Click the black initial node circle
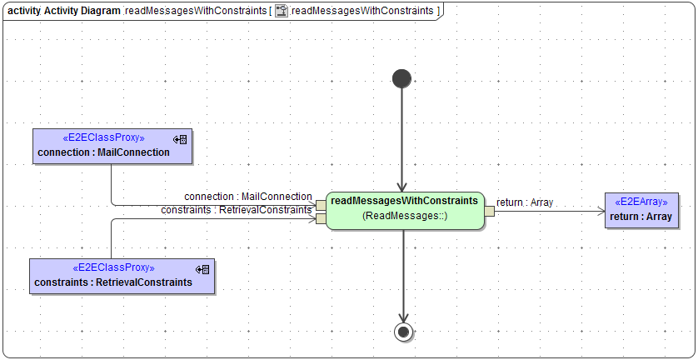(x=401, y=78)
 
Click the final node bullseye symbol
(x=403, y=332)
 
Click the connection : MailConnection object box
(x=111, y=146)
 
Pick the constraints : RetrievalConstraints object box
(x=122, y=276)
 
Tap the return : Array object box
(x=641, y=210)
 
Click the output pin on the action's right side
(x=490, y=211)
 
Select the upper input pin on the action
(x=321, y=206)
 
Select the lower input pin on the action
(x=321, y=219)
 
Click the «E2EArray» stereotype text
(x=641, y=202)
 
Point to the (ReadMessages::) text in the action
(x=405, y=216)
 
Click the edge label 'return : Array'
(x=524, y=202)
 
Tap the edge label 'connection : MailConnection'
(x=248, y=197)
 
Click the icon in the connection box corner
(x=180, y=139)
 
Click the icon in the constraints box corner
(x=202, y=269)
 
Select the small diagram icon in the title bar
(x=282, y=11)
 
